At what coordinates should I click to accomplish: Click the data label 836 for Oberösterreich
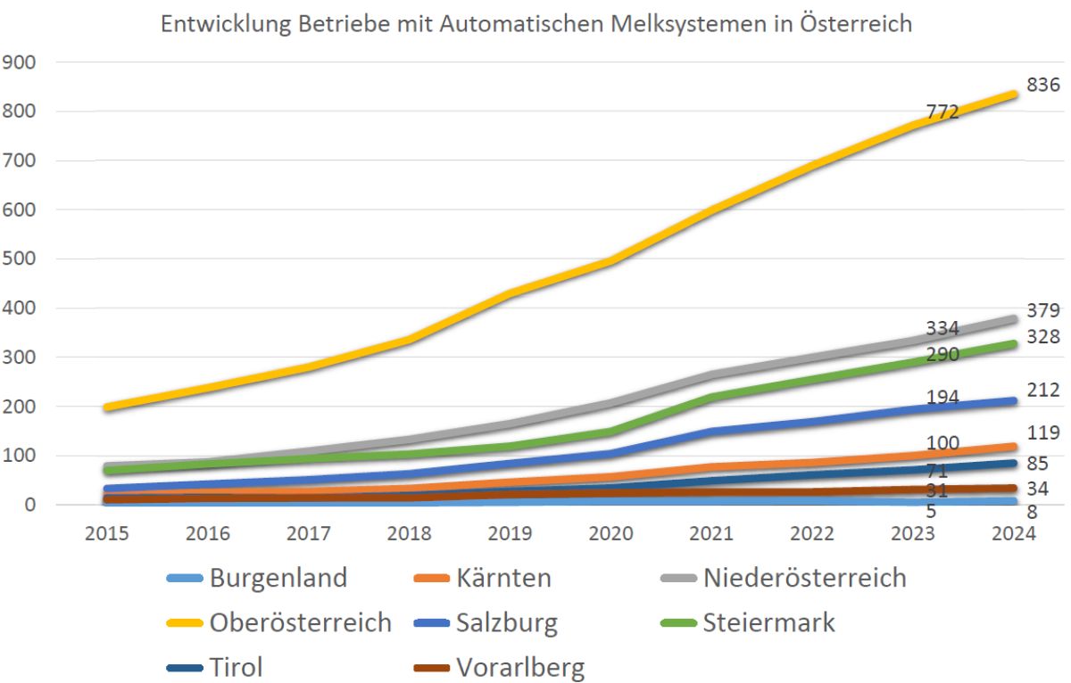tap(1042, 86)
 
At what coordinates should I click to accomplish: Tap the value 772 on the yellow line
tap(942, 111)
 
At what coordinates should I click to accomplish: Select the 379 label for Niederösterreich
tap(1042, 311)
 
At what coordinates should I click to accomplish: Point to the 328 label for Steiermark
tap(1042, 337)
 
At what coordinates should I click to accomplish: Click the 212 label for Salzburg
tap(1042, 390)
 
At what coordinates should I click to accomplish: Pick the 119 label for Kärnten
tap(1042, 433)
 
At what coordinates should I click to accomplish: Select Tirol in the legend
tap(236, 667)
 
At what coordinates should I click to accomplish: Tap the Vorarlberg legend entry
tap(520, 667)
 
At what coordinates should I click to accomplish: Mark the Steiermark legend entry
tap(768, 622)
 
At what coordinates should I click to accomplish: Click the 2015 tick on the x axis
tap(107, 533)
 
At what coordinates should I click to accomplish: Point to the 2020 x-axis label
tap(613, 533)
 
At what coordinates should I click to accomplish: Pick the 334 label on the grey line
tap(942, 327)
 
